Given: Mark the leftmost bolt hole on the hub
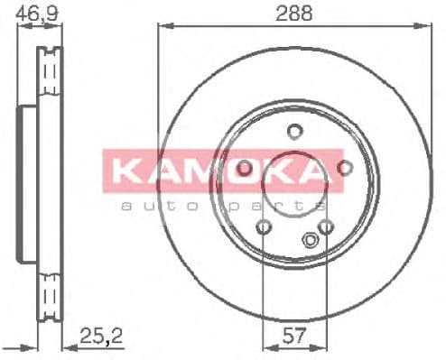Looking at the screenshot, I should pyautogui.click(x=245, y=167).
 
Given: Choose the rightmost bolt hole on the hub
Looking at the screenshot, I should pyautogui.click(x=344, y=167).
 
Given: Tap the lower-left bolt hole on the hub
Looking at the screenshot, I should pyautogui.click(x=264, y=226).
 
